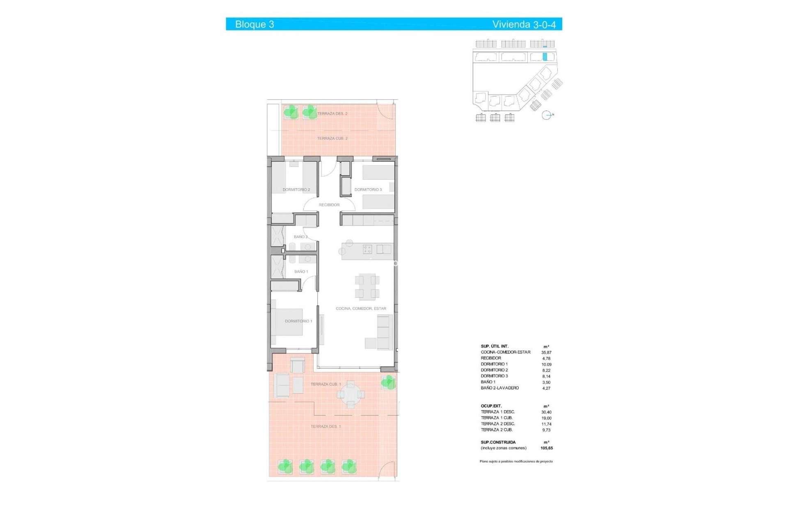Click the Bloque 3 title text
click(x=254, y=24)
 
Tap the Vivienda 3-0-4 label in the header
click(x=524, y=24)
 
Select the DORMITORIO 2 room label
click(x=296, y=190)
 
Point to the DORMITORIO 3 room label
click(x=368, y=190)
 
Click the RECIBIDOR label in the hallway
click(x=329, y=205)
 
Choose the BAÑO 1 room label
click(x=301, y=272)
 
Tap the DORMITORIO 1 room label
click(x=298, y=321)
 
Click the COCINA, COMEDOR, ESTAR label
click(x=361, y=308)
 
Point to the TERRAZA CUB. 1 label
click(x=325, y=384)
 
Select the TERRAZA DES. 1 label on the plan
click(x=325, y=427)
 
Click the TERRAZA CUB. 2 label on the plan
click(x=332, y=139)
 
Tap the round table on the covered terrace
click(x=350, y=395)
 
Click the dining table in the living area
click(x=367, y=286)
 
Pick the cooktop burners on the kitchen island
click(x=367, y=249)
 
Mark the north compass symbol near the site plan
click(x=546, y=115)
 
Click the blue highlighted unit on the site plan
click(x=545, y=57)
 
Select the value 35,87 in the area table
click(x=546, y=352)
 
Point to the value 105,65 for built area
click(x=546, y=448)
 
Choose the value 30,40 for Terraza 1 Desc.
click(x=546, y=412)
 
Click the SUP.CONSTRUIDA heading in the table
click(x=498, y=443)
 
